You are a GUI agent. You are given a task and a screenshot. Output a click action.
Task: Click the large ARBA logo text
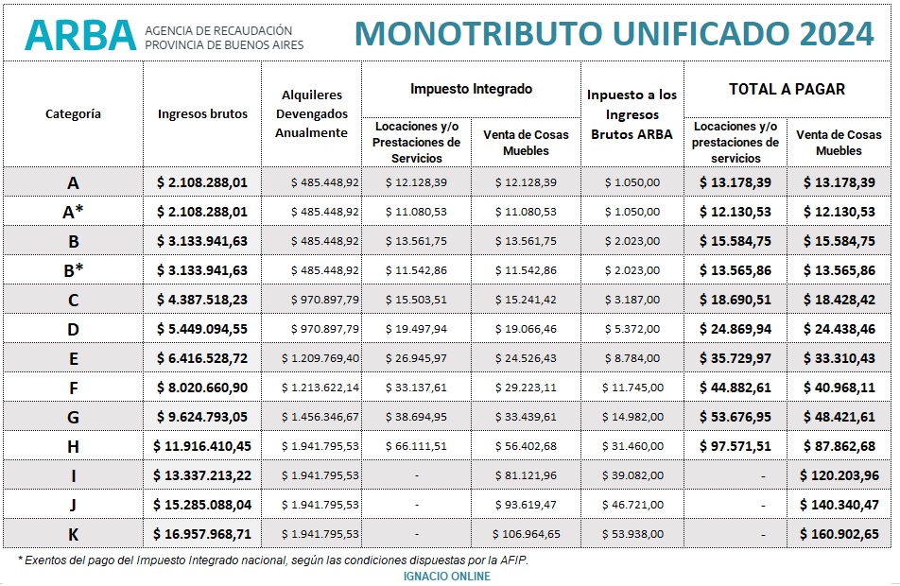pyautogui.click(x=81, y=34)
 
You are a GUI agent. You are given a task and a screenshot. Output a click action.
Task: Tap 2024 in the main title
pyautogui.click(x=837, y=33)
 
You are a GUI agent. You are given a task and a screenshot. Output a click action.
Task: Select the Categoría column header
pyautogui.click(x=74, y=114)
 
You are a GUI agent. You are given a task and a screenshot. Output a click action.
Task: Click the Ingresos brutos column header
pyautogui.click(x=202, y=114)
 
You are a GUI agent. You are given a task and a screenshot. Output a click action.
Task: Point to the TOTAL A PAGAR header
pyautogui.click(x=787, y=90)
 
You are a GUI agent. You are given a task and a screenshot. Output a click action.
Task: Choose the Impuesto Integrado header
pyautogui.click(x=471, y=89)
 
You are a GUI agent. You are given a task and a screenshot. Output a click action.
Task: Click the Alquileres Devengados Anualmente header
pyautogui.click(x=311, y=114)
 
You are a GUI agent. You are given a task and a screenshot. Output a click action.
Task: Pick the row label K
pyautogui.click(x=74, y=534)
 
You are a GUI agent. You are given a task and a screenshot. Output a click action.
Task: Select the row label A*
pyautogui.click(x=74, y=213)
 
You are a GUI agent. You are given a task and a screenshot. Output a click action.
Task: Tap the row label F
pyautogui.click(x=74, y=388)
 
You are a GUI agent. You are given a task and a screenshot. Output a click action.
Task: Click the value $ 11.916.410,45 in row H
pyautogui.click(x=202, y=446)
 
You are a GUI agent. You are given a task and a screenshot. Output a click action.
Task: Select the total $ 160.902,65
pyautogui.click(x=839, y=534)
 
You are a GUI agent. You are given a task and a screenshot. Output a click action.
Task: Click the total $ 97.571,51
pyautogui.click(x=736, y=446)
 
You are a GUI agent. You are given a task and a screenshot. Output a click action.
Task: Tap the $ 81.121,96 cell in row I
pyautogui.click(x=526, y=475)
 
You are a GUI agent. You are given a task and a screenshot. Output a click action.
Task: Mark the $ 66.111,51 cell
pyautogui.click(x=416, y=446)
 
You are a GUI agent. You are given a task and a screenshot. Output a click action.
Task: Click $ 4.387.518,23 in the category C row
pyautogui.click(x=202, y=301)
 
